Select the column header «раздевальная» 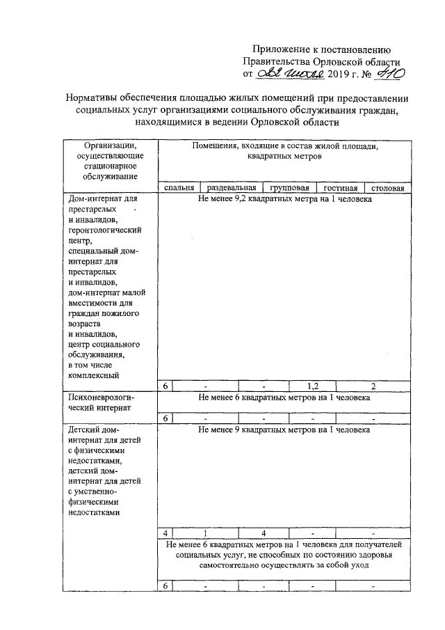pos(227,188)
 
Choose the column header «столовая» pos(388,188)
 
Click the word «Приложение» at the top pos(281,49)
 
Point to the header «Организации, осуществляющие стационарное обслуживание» pos(110,161)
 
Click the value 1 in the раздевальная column pos(205,533)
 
